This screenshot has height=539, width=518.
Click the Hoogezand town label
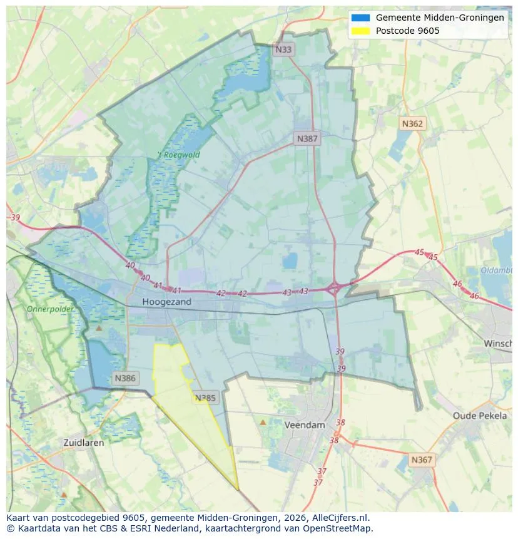(166, 302)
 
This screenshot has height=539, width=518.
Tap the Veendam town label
(305, 425)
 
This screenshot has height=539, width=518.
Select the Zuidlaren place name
(84, 442)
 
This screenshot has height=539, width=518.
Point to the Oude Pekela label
(480, 416)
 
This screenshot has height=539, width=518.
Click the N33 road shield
(283, 49)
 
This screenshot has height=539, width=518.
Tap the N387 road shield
(307, 138)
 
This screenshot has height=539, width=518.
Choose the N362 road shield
(412, 123)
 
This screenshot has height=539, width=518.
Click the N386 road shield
(125, 378)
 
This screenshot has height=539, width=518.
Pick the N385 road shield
(205, 398)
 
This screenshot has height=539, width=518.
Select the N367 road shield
(421, 459)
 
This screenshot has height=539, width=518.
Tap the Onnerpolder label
(50, 309)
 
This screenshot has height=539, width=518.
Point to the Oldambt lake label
(497, 270)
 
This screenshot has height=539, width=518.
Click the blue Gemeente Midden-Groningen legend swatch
(361, 18)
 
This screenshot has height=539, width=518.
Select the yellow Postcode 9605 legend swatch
(361, 31)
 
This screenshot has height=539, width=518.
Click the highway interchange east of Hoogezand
(334, 289)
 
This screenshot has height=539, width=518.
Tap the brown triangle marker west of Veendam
(263, 423)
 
